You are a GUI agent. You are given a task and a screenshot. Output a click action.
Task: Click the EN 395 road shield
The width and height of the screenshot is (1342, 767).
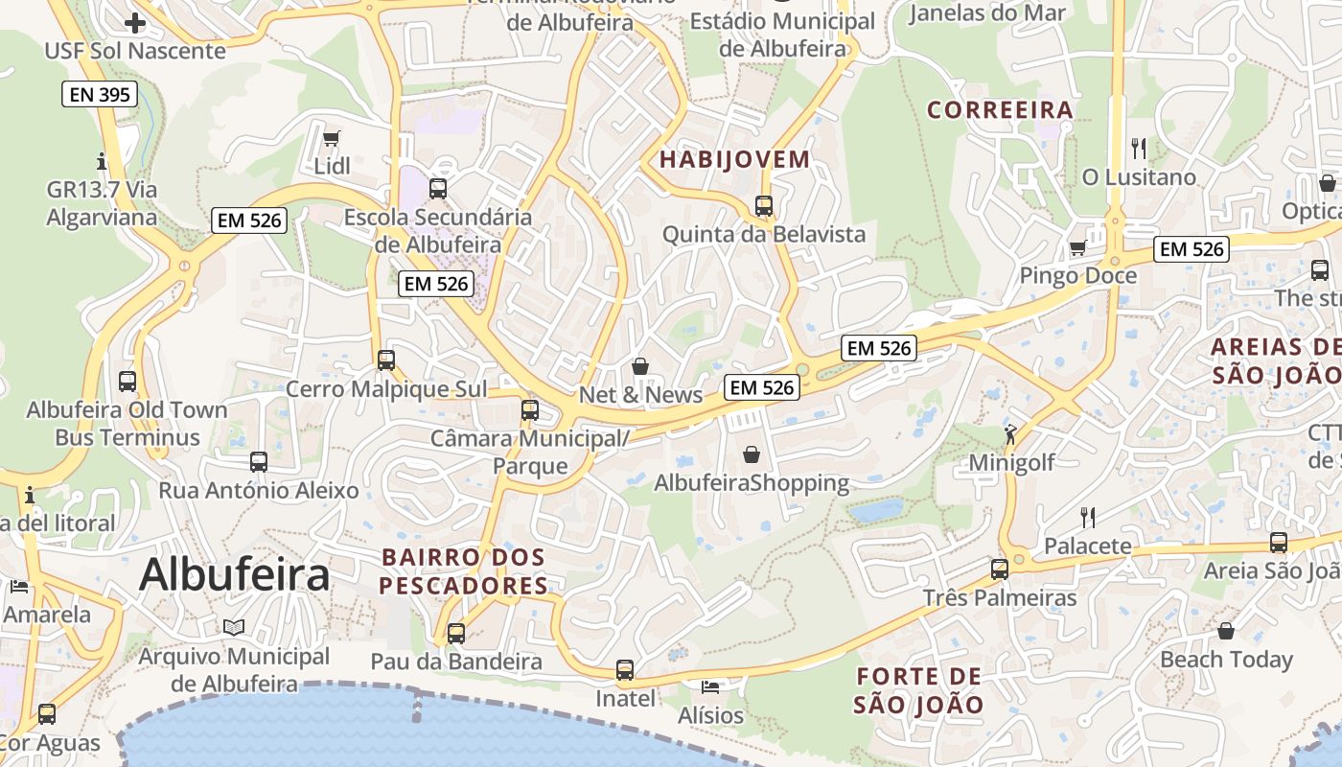[x=100, y=94]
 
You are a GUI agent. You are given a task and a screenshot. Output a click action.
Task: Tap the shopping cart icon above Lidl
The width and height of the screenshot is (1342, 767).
[x=332, y=139]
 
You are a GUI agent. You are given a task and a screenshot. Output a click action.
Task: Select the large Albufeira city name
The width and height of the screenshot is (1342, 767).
[x=234, y=574]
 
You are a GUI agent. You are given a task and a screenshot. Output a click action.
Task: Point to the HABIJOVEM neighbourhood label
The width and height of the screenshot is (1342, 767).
[x=735, y=159]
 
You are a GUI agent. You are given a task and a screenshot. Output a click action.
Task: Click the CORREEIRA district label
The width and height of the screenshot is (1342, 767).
[x=1000, y=110]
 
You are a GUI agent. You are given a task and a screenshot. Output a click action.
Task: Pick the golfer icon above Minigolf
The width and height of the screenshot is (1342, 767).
[x=1010, y=435]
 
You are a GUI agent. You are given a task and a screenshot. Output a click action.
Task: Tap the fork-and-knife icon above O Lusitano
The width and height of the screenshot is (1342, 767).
[x=1139, y=149]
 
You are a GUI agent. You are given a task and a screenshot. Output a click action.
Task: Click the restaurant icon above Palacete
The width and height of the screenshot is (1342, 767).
[x=1088, y=518]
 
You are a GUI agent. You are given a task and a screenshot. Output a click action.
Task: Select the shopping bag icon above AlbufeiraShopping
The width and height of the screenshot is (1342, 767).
[x=752, y=454]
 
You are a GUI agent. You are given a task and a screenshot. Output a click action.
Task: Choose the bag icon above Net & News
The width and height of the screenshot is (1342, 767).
[x=640, y=366]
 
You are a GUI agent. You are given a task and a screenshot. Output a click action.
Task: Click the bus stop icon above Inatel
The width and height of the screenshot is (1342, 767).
[x=625, y=670]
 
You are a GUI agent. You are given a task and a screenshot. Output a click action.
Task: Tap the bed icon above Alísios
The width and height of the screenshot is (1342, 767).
[x=710, y=687]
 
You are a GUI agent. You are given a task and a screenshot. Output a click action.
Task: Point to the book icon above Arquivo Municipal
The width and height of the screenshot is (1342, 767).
[x=234, y=628]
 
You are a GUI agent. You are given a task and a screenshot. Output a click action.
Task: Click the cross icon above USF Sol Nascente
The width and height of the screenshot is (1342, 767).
[x=135, y=22]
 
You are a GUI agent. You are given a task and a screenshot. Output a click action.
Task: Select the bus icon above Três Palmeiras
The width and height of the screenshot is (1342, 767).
[x=1000, y=569]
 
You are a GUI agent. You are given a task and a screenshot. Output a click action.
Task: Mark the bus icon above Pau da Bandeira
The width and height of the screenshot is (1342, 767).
[x=456, y=633]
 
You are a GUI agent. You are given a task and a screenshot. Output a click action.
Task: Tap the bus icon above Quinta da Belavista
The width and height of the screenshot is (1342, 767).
[x=764, y=205]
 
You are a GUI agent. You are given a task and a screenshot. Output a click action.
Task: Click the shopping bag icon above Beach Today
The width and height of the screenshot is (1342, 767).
[x=1226, y=631]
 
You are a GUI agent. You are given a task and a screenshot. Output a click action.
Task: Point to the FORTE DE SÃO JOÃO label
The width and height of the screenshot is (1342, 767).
[x=918, y=690]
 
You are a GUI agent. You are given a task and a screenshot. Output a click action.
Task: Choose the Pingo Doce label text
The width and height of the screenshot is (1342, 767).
[x=1077, y=276]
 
